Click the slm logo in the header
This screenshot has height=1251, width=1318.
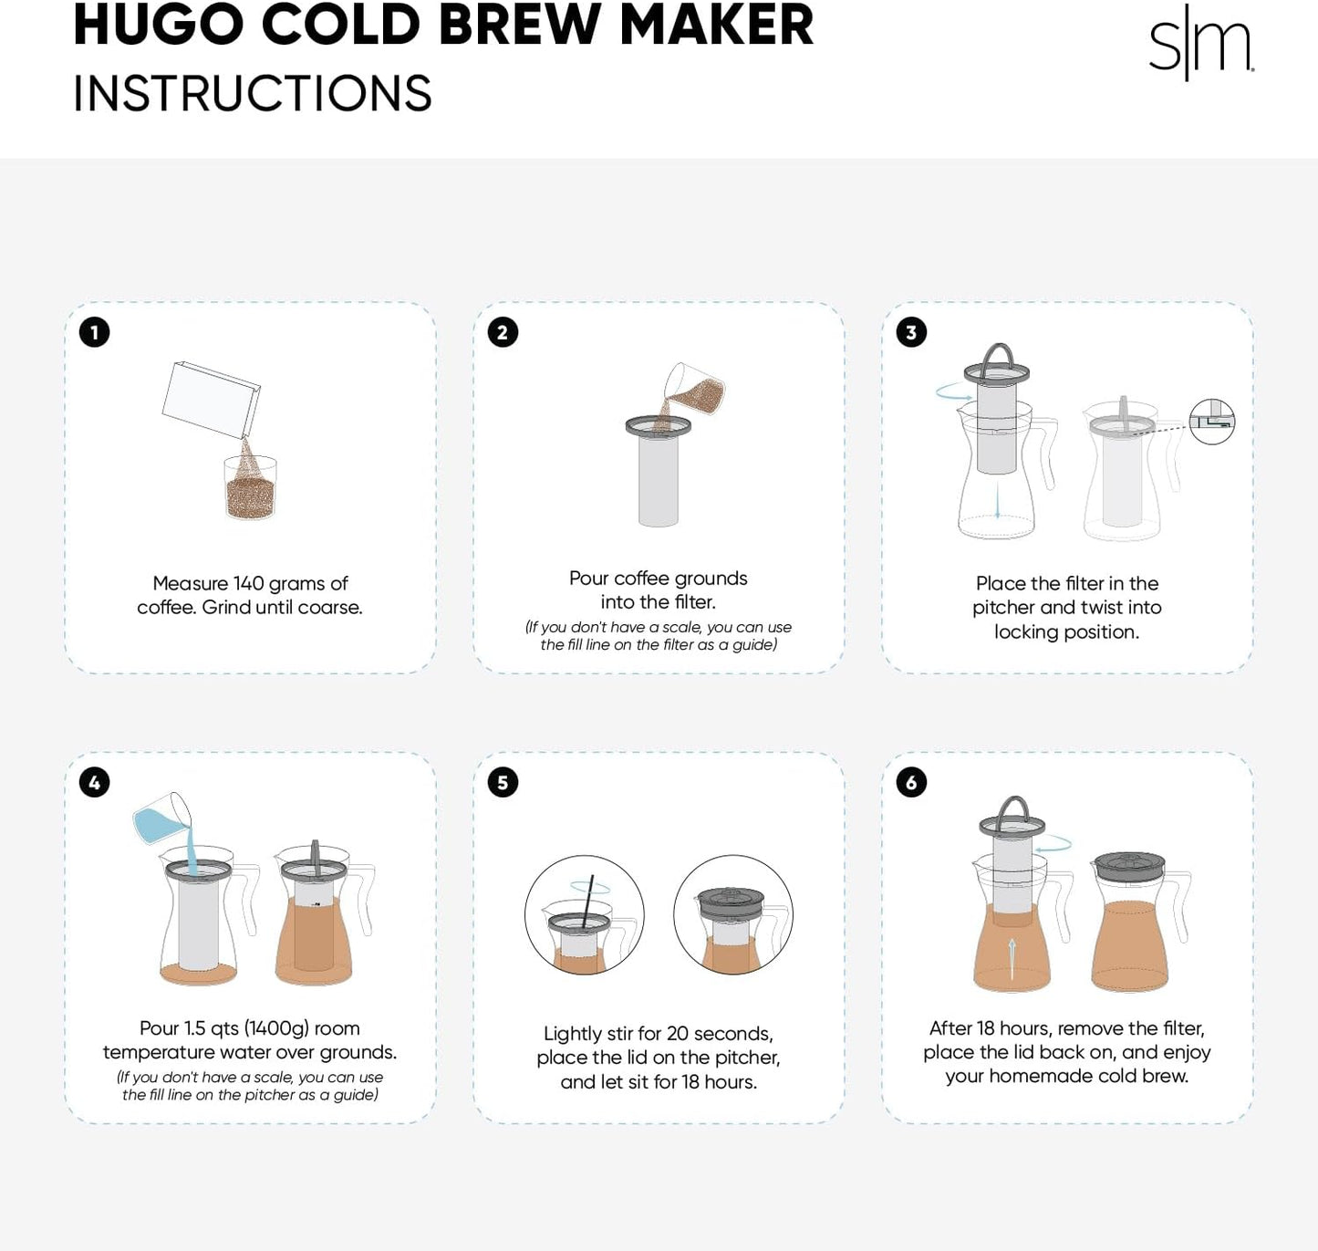(x=1200, y=44)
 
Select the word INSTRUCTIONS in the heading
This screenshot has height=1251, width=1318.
(x=252, y=94)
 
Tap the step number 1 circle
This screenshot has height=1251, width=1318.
(x=94, y=332)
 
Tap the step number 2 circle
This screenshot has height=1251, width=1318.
(x=503, y=332)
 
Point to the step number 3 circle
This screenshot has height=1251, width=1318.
(x=911, y=332)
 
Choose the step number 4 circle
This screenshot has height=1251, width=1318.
(x=94, y=782)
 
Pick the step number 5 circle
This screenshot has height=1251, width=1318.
(x=503, y=782)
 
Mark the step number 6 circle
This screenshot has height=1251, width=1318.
(x=911, y=782)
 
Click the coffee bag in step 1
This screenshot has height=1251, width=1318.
(x=212, y=400)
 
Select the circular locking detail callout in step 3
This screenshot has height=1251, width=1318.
(x=1212, y=422)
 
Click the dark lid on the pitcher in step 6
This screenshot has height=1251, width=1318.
(x=1129, y=865)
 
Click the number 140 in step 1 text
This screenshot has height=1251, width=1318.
(x=249, y=583)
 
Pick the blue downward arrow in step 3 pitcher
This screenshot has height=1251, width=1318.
(x=998, y=502)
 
